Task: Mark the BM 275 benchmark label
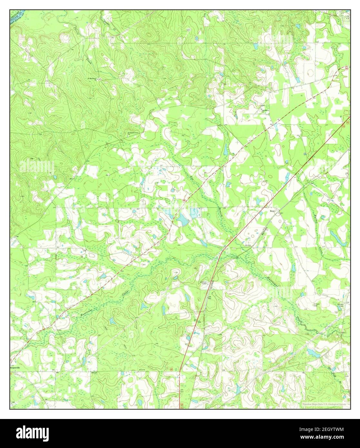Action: (142, 370)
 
